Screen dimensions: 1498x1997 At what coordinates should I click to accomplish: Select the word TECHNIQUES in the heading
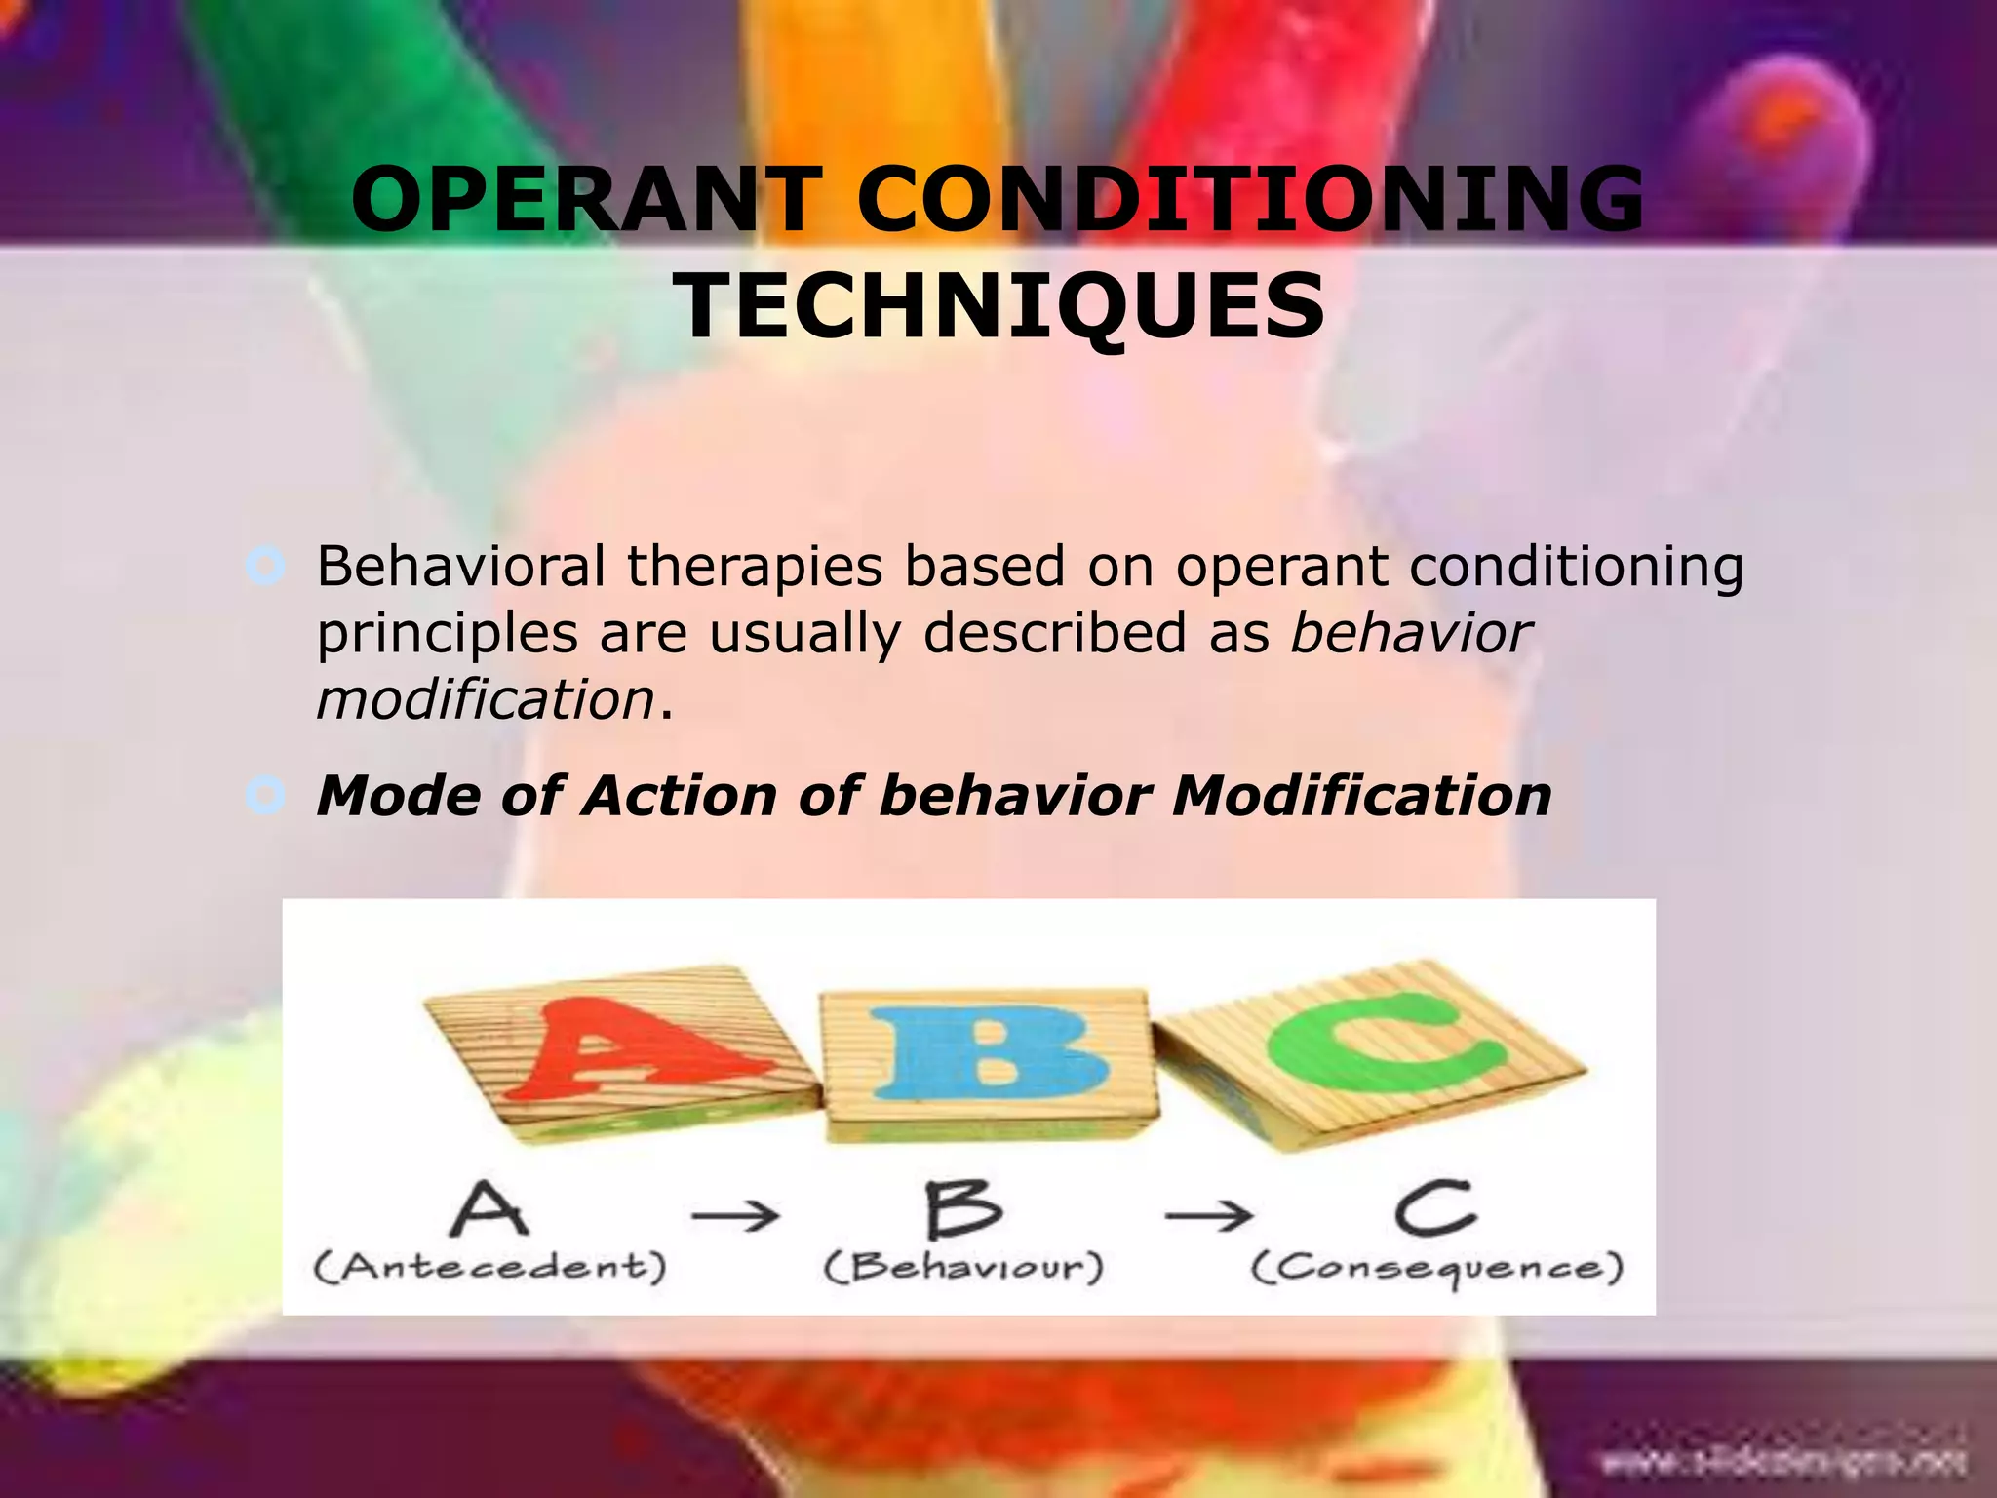[x=1001, y=306]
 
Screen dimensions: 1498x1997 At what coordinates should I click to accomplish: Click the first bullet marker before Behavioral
[x=265, y=567]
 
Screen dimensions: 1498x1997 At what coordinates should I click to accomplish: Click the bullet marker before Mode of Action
[x=265, y=796]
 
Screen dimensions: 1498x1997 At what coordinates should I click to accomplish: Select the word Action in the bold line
[x=680, y=796]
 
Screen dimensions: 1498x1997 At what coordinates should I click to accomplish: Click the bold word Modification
[x=1361, y=796]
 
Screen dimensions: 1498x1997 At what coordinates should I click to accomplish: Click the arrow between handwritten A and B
[x=735, y=1215]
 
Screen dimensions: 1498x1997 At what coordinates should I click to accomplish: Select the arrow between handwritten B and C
[x=1209, y=1215]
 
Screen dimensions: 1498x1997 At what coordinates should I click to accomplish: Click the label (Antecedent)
[x=490, y=1267]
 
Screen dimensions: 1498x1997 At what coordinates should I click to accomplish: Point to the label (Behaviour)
[x=963, y=1267]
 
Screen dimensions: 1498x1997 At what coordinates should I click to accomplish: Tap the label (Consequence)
[x=1437, y=1268]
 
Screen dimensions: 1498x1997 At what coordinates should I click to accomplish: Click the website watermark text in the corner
[x=1783, y=1462]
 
